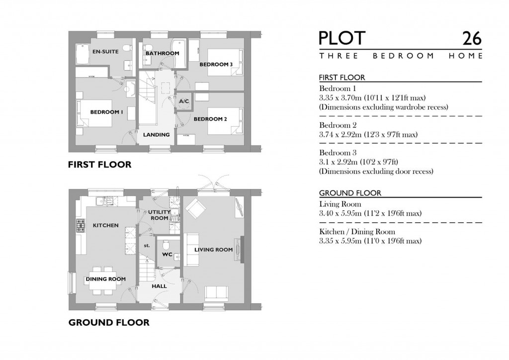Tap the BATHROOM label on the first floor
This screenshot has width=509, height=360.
pos(162,53)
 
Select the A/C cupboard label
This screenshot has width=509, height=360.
pos(184,101)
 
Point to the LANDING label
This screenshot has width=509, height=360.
pos(157,135)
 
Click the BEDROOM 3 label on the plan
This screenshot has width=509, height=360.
pos(216,65)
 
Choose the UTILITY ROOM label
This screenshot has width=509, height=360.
pos(159,215)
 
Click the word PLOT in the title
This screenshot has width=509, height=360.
pos(342,39)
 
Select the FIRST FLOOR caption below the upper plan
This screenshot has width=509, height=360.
pos(99,165)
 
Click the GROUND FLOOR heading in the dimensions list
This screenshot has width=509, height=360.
pos(350,193)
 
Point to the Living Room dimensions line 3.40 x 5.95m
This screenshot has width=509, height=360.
pos(370,213)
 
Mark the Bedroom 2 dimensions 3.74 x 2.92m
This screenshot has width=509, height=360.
pos(368,135)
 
